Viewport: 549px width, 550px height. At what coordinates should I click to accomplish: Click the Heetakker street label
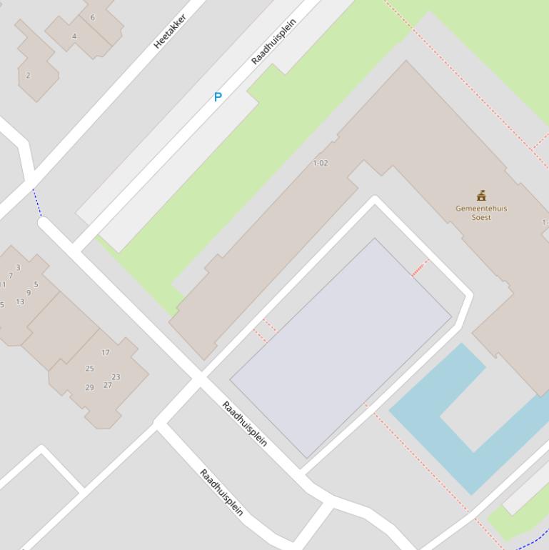tap(170, 31)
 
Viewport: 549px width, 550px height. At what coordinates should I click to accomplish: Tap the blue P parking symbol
tap(218, 97)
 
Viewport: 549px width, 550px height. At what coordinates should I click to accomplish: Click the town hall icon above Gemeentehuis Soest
tap(481, 196)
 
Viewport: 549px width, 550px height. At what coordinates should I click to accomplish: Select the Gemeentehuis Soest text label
tap(481, 213)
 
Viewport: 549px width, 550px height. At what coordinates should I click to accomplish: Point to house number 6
tap(92, 17)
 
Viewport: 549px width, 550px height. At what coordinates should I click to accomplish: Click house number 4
tap(74, 36)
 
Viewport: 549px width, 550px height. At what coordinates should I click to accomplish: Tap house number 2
tap(29, 75)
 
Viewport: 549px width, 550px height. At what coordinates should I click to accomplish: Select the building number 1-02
tap(321, 163)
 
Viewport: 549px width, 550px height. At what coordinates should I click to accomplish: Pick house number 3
tap(18, 268)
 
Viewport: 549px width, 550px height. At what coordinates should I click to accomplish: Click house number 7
tap(10, 276)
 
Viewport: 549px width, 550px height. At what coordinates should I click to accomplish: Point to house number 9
tap(29, 293)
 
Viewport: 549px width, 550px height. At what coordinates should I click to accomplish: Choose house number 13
tap(20, 301)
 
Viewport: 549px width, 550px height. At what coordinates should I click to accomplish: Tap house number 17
tap(106, 352)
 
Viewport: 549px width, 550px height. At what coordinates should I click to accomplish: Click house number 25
tap(89, 369)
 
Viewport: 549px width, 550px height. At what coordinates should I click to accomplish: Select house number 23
tap(116, 376)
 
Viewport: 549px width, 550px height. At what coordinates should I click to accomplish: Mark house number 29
tap(89, 387)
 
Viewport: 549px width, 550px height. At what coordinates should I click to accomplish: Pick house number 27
tap(108, 385)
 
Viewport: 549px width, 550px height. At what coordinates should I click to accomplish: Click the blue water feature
tap(428, 421)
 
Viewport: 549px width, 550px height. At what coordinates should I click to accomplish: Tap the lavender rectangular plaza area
tap(340, 347)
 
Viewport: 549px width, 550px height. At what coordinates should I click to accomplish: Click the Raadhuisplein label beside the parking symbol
tap(273, 42)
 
